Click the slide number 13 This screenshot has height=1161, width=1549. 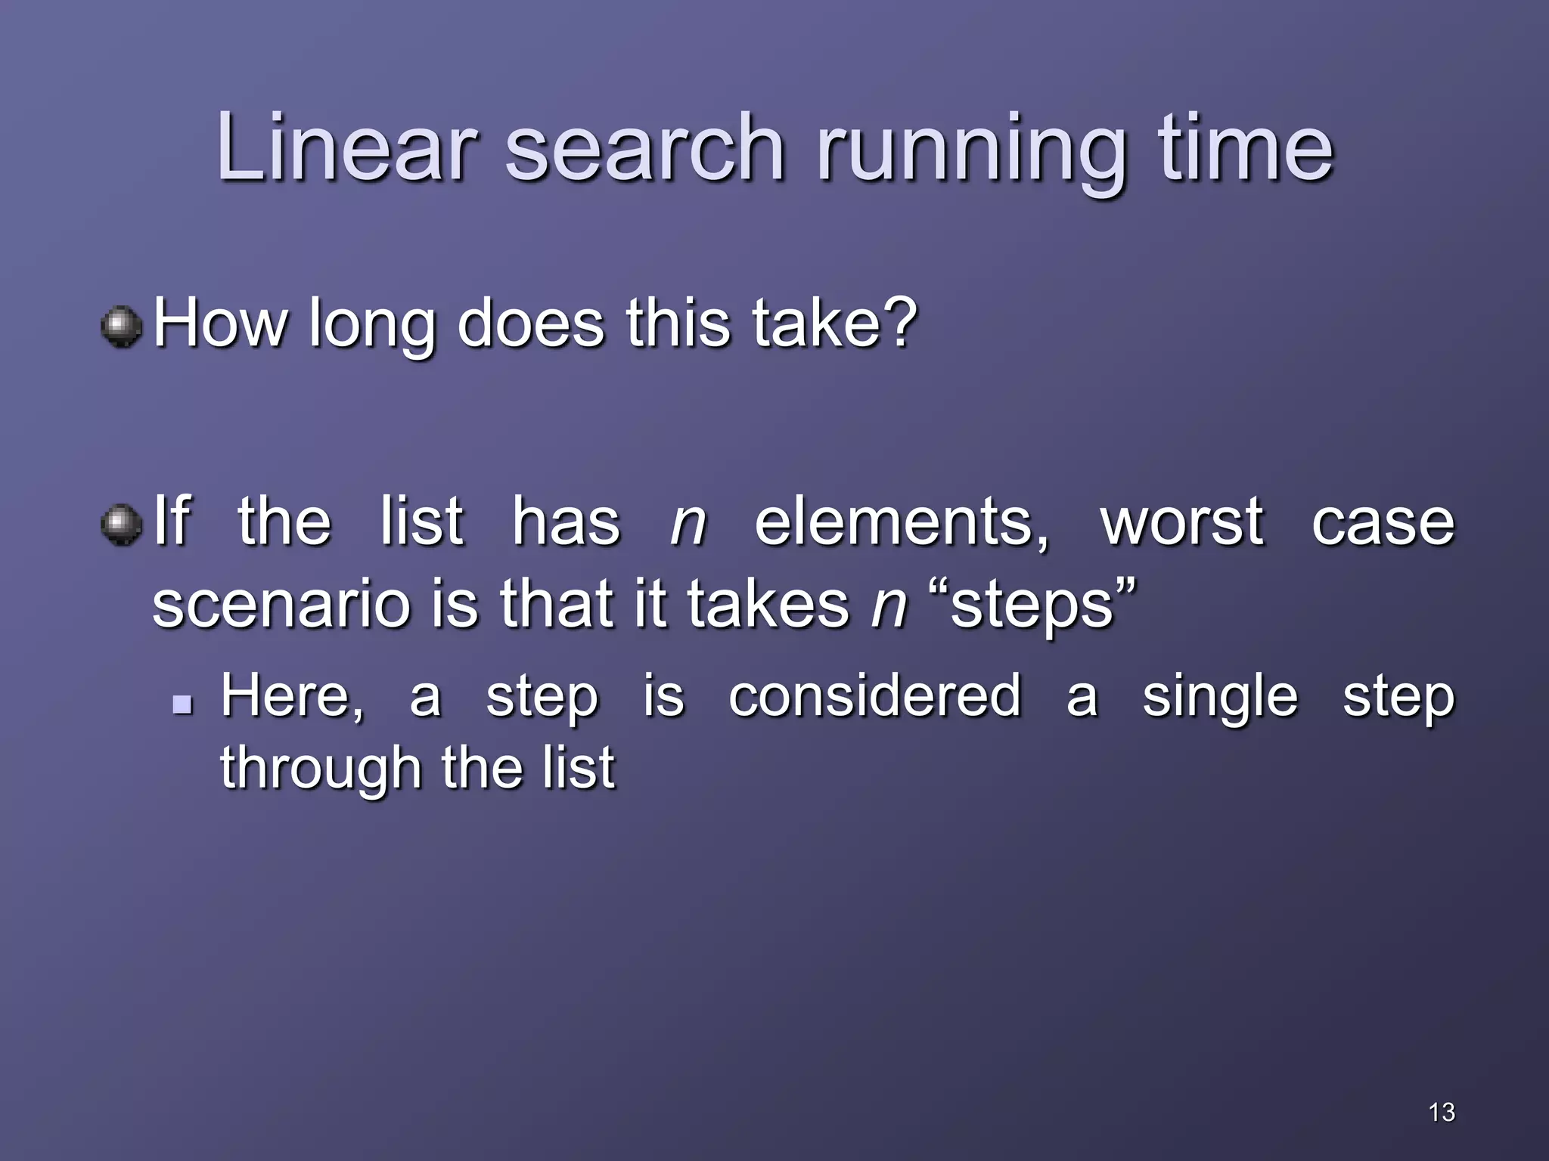1442,1112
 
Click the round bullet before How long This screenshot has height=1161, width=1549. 121,327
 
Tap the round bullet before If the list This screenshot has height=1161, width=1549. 121,525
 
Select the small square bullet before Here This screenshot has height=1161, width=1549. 182,705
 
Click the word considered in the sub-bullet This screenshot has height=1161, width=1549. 874,695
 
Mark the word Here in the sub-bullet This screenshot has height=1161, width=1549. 292,695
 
